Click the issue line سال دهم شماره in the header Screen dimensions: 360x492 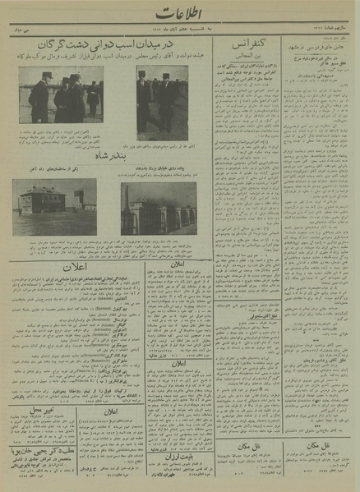325,28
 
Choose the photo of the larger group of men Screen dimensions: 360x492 65,95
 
